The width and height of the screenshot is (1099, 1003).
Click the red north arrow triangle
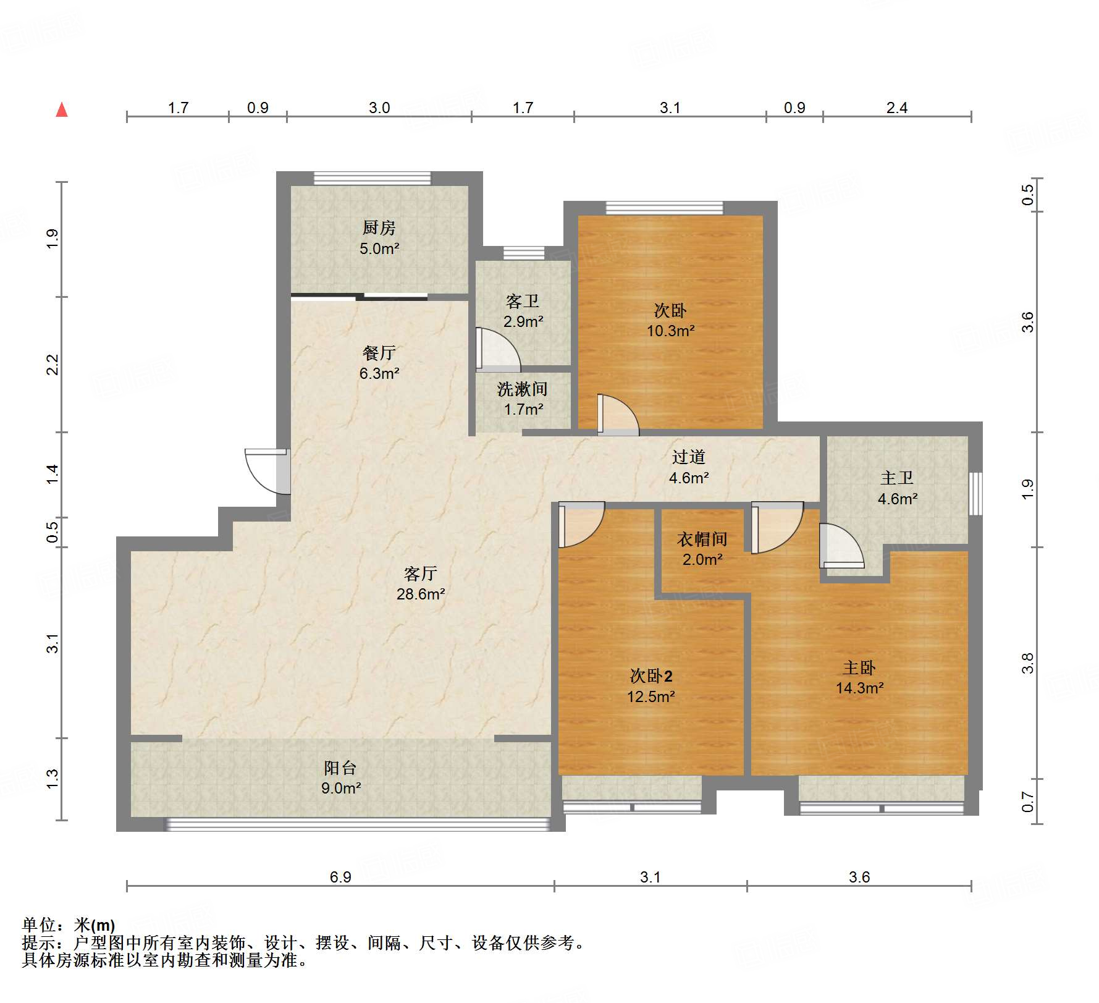click(x=62, y=110)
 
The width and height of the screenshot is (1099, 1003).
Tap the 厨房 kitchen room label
click(x=379, y=228)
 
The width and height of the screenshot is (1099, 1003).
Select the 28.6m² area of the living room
click(x=421, y=595)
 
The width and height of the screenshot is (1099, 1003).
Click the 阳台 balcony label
click(x=340, y=768)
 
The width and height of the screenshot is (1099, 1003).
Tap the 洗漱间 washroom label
click(x=523, y=389)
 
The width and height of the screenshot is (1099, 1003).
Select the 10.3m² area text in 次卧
click(x=670, y=331)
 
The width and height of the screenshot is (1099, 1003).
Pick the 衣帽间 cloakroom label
click(x=702, y=540)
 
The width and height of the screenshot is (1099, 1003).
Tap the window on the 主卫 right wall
click(x=975, y=493)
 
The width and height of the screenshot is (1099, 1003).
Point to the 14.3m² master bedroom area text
click(x=859, y=688)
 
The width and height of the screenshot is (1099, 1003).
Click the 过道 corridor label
click(x=689, y=457)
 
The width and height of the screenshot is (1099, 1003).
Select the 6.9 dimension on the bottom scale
click(x=340, y=877)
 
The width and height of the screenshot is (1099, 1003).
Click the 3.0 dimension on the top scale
click(x=379, y=108)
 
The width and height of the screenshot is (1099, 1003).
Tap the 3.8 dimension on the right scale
click(x=1027, y=663)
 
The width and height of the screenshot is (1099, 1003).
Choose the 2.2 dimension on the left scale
click(x=53, y=365)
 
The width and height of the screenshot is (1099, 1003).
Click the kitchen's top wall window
click(x=372, y=179)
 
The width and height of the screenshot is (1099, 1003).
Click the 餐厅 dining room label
click(x=379, y=353)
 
